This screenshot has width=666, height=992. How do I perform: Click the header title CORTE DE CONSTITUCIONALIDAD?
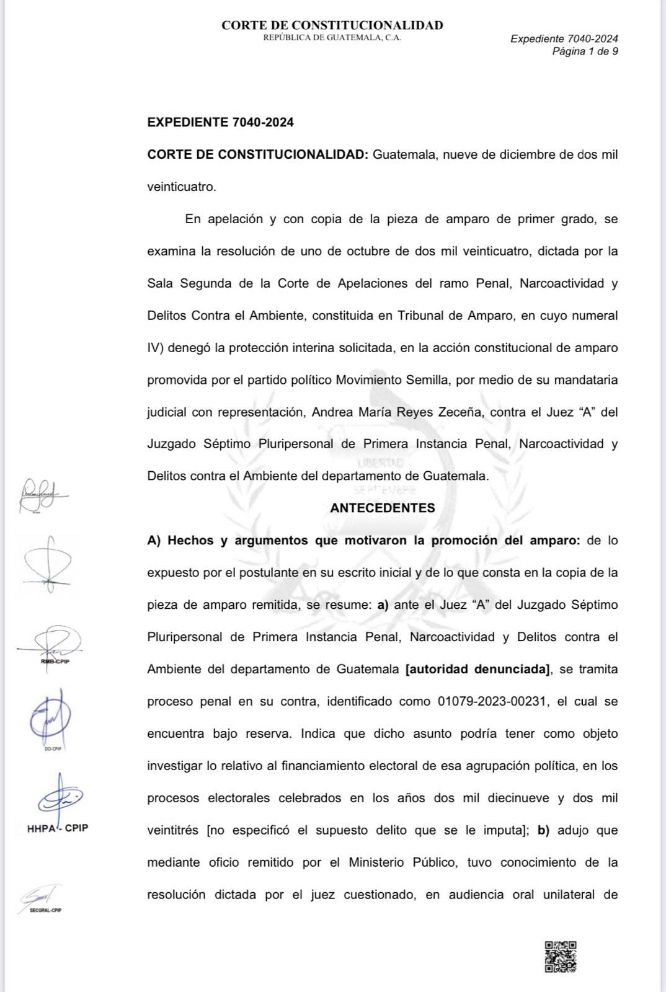tap(332, 25)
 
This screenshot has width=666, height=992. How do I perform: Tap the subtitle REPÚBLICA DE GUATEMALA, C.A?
tap(332, 38)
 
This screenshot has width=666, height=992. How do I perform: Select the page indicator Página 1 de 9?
tap(585, 51)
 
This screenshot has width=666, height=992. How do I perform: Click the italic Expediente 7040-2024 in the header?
tap(564, 38)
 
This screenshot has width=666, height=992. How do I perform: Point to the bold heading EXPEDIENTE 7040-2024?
tap(220, 122)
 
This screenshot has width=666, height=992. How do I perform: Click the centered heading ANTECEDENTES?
tap(383, 508)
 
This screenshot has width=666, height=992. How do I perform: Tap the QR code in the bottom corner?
tap(561, 956)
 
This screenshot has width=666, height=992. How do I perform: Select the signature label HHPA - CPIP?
tap(58, 828)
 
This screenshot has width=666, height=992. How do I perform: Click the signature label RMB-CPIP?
tap(55, 661)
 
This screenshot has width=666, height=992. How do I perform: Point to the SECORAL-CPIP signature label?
tap(45, 910)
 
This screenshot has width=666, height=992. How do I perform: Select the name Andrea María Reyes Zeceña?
tap(396, 412)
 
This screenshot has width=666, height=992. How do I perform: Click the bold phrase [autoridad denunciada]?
tap(477, 669)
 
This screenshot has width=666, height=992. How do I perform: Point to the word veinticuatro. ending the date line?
tap(182, 187)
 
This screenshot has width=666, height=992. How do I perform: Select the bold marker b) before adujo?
tap(543, 830)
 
